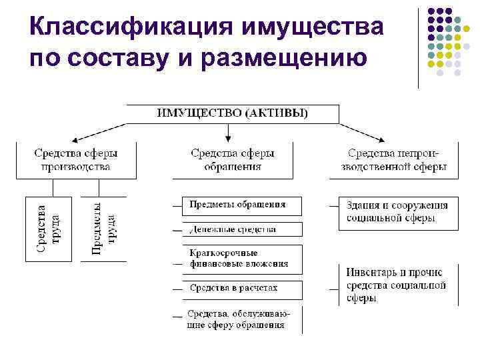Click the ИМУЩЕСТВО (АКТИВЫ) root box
tap(232, 113)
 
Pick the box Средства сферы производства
tap(76, 160)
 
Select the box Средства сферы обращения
tap(232, 160)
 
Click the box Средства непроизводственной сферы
tap(394, 160)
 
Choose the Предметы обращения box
tap(242, 205)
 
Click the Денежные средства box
tap(242, 229)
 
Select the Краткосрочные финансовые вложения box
tap(242, 259)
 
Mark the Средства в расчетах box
tap(242, 289)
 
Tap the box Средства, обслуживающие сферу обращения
tap(242, 319)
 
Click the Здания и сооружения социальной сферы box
tap(397, 213)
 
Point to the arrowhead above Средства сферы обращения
tap(228, 139)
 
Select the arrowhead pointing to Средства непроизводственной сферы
tap(381, 139)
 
